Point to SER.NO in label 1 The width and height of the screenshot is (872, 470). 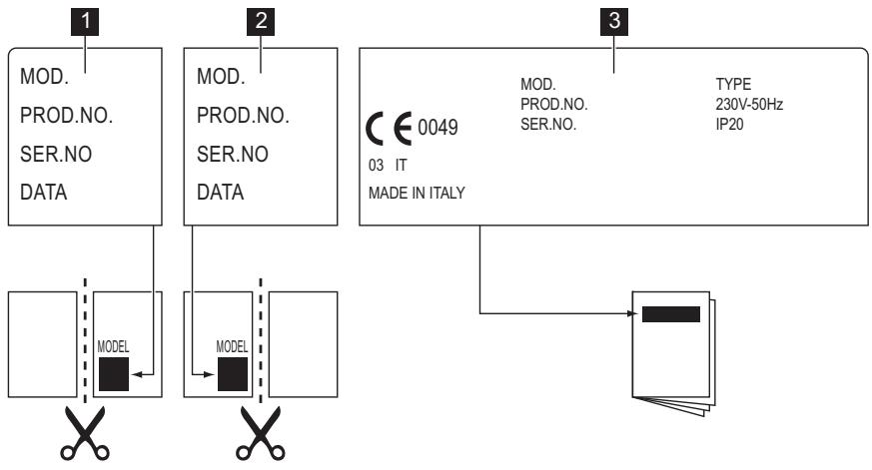tap(57, 154)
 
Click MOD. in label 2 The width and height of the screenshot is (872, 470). tap(221, 77)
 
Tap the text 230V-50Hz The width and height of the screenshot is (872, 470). tap(735, 103)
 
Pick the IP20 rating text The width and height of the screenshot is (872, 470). tap(718, 118)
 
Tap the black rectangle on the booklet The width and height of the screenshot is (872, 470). tap(670, 316)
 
